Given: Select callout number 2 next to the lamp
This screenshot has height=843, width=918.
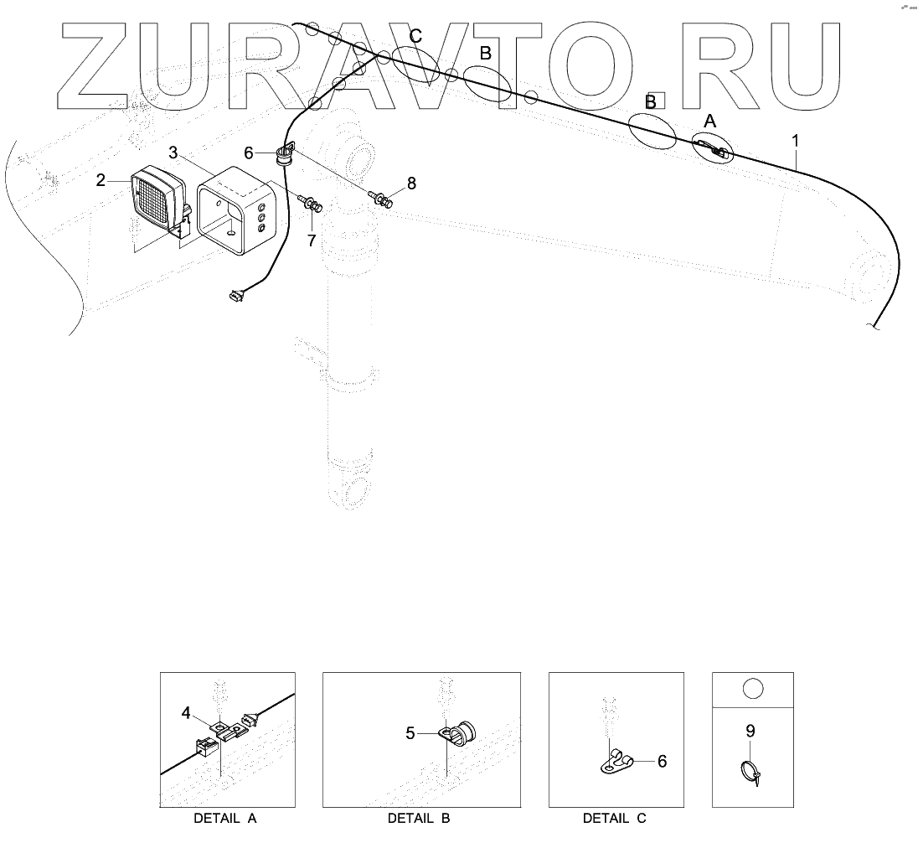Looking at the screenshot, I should tap(101, 180).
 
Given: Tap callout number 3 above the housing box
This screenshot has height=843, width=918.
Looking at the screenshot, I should tap(173, 153).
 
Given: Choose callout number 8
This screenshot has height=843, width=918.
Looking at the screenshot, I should tap(410, 184).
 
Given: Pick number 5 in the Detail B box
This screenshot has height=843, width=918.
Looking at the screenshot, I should tap(410, 733).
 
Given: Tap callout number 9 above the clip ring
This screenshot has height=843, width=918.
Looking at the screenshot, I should tap(750, 731).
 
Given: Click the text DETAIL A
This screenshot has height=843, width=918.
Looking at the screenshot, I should tap(225, 818).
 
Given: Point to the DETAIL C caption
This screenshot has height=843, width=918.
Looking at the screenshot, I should tap(615, 818).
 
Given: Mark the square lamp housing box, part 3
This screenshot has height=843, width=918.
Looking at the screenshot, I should tap(236, 209).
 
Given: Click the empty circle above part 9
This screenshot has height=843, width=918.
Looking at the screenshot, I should tap(751, 689).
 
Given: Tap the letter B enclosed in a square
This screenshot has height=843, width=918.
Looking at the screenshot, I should tap(650, 101).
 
